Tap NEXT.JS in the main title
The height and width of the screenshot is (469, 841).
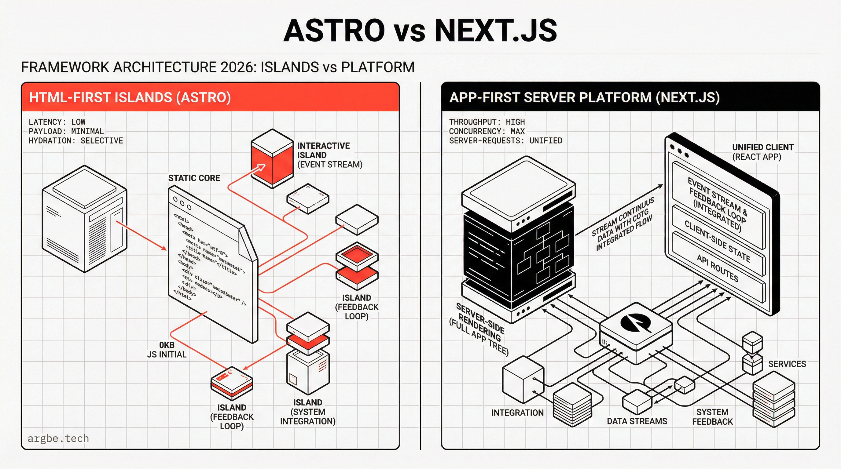coord(495,30)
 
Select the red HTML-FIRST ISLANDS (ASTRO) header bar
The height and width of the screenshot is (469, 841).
coord(210,97)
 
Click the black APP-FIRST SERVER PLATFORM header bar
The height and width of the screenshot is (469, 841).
coord(630,97)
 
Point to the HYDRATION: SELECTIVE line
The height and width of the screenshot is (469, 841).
coord(76,140)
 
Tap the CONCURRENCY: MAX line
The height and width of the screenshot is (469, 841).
coord(487,131)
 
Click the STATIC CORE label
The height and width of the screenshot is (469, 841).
coord(194,178)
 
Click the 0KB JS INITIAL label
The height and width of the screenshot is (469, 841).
coord(167,350)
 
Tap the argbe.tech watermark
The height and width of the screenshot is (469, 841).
coord(58,438)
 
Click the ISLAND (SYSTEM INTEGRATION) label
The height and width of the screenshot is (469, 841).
coord(307,412)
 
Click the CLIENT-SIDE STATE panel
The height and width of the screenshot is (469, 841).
coord(717,241)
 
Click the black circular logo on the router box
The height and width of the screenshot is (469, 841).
coord(635,322)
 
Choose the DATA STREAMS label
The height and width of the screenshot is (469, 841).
coord(637,421)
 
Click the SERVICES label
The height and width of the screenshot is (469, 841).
coord(787,364)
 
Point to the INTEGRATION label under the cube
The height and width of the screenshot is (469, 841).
coord(517,413)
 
